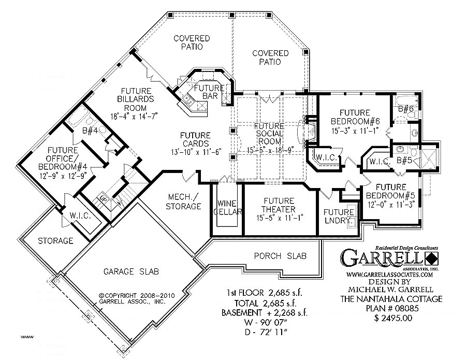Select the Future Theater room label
pyautogui.click(x=279, y=205)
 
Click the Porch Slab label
pyautogui.click(x=280, y=256)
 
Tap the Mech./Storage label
pyautogui.click(x=184, y=201)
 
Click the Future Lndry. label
pyautogui.click(x=339, y=216)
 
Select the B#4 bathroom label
pyautogui.click(x=90, y=131)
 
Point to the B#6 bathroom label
pyautogui.click(x=405, y=109)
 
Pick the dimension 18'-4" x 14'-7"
pyautogui.click(x=134, y=116)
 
